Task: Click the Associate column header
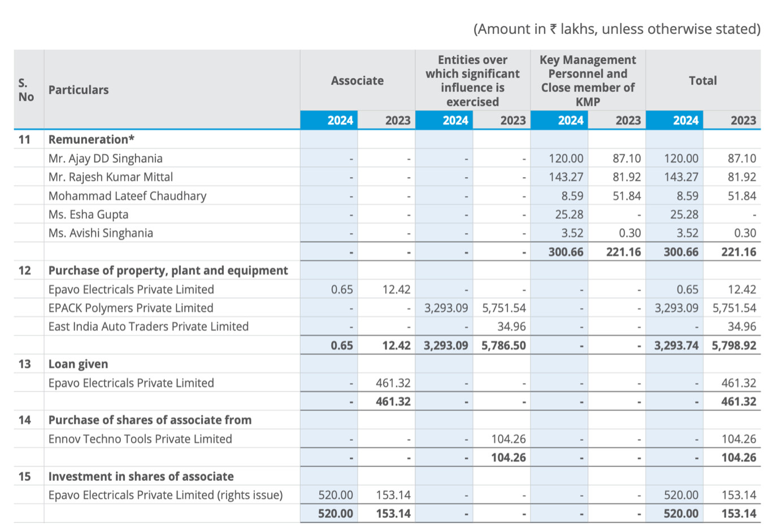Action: pyautogui.click(x=357, y=81)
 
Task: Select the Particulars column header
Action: pyautogui.click(x=79, y=90)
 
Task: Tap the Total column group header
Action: pyautogui.click(x=703, y=81)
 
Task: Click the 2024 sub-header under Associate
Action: pyautogui.click(x=340, y=121)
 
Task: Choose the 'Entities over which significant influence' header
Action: pyautogui.click(x=472, y=81)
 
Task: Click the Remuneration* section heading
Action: pyautogui.click(x=92, y=140)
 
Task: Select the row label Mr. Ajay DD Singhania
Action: pyautogui.click(x=106, y=158)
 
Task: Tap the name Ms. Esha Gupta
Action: pyautogui.click(x=88, y=214)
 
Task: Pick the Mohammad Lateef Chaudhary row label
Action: pyautogui.click(x=128, y=196)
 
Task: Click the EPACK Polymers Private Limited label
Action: pyautogui.click(x=131, y=308)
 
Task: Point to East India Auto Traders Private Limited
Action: pyautogui.click(x=149, y=326)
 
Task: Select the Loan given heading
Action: pyautogui.click(x=78, y=364)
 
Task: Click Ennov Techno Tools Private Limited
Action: pyautogui.click(x=140, y=439)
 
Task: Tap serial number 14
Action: pyautogui.click(x=24, y=420)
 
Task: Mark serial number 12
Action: pyautogui.click(x=24, y=270)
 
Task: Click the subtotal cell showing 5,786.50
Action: pyautogui.click(x=503, y=345)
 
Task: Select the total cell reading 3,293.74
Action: pyautogui.click(x=676, y=345)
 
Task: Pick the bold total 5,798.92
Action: pyautogui.click(x=734, y=345)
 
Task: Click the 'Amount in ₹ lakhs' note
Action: pyautogui.click(x=617, y=29)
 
